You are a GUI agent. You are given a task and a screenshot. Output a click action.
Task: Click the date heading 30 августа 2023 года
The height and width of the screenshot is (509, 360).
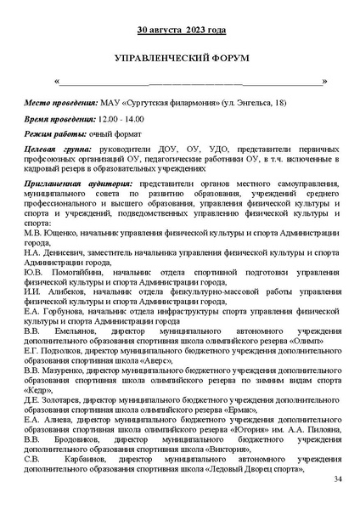[182, 31]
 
